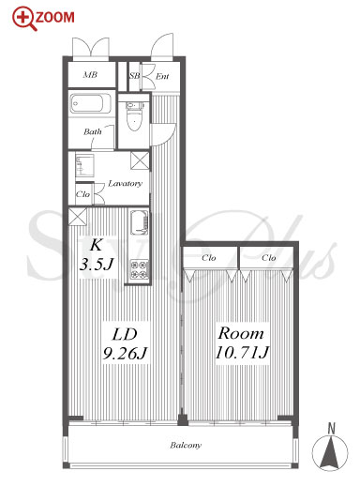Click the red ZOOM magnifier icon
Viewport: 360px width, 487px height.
tap(24, 20)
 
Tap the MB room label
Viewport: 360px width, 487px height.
tap(90, 74)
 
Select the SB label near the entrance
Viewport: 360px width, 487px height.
tap(135, 76)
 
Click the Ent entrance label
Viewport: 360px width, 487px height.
tap(162, 76)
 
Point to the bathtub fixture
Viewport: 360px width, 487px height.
tap(90, 103)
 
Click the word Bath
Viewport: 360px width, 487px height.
tap(93, 131)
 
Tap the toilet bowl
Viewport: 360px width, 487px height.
tap(135, 116)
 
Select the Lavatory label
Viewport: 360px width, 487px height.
tap(125, 183)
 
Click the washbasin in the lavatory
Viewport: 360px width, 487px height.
tap(84, 165)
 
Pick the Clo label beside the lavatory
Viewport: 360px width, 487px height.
tap(82, 194)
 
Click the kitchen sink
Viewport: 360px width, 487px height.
tap(139, 222)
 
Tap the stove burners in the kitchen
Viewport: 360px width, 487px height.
tap(139, 269)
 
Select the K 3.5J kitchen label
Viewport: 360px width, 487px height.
tap(97, 255)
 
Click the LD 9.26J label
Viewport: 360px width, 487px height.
tap(125, 343)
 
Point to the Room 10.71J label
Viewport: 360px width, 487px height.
tap(242, 342)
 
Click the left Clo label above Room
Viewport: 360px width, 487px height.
tap(208, 258)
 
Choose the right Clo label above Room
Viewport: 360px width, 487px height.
tap(269, 258)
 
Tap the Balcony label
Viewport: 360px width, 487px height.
tap(186, 445)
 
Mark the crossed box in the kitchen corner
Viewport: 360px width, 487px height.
tap(78, 217)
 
